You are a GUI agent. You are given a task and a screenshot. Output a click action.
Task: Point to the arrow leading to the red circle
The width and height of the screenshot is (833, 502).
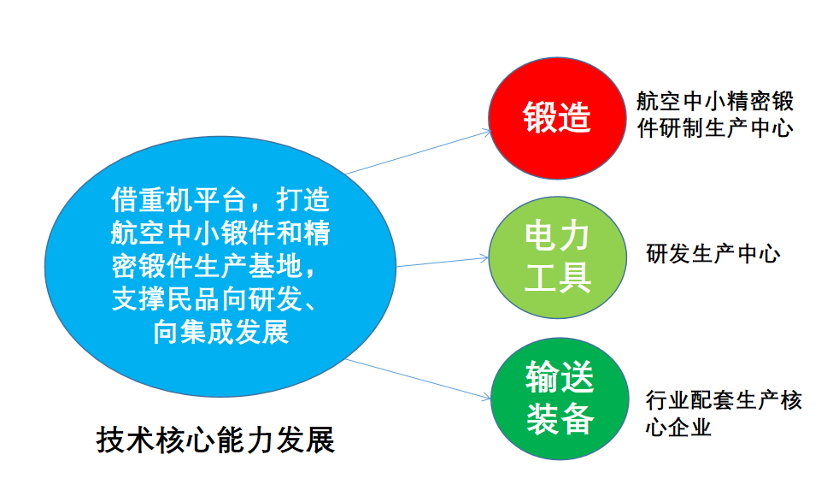[x=419, y=152]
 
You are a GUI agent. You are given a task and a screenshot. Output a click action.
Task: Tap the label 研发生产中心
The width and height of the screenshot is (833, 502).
[x=713, y=254]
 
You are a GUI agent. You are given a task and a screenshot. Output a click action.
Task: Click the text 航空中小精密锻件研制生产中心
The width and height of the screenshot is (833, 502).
[x=715, y=115]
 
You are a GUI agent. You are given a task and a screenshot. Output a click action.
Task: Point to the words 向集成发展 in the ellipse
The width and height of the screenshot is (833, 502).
[x=221, y=331]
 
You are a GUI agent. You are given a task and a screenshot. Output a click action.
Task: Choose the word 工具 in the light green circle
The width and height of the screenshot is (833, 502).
[x=557, y=276]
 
